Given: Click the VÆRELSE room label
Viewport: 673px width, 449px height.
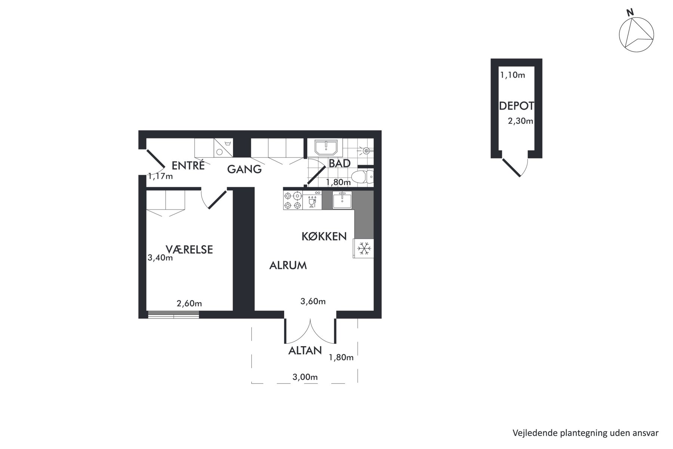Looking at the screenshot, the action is pyautogui.click(x=189, y=249).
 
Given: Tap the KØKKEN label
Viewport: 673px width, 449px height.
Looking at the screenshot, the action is pyautogui.click(x=324, y=236).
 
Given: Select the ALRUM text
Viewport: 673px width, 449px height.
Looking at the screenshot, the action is pyautogui.click(x=288, y=266).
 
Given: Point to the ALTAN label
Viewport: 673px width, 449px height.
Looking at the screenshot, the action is pyautogui.click(x=305, y=351).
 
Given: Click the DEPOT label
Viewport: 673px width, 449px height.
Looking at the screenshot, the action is pyautogui.click(x=516, y=106).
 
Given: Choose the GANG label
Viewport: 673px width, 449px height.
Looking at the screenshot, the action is pyautogui.click(x=245, y=169).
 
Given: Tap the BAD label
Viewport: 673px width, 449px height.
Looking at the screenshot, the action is pyautogui.click(x=339, y=164).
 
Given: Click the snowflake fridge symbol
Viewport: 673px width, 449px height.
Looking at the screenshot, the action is pyautogui.click(x=364, y=248).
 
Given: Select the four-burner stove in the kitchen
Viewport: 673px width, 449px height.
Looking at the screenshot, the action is pyautogui.click(x=293, y=200).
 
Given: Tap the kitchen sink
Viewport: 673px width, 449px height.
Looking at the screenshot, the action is pyautogui.click(x=342, y=200).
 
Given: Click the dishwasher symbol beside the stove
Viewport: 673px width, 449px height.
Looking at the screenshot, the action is pyautogui.click(x=312, y=200).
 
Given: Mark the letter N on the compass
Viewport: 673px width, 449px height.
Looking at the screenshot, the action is pyautogui.click(x=630, y=12).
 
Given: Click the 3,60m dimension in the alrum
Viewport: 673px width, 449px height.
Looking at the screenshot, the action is pyautogui.click(x=313, y=301).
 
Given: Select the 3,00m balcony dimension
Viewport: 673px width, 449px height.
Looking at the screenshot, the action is pyautogui.click(x=305, y=377).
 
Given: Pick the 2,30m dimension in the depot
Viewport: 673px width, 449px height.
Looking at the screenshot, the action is pyautogui.click(x=520, y=121).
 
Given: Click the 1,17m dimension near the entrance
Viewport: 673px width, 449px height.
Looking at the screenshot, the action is pyautogui.click(x=160, y=176).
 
